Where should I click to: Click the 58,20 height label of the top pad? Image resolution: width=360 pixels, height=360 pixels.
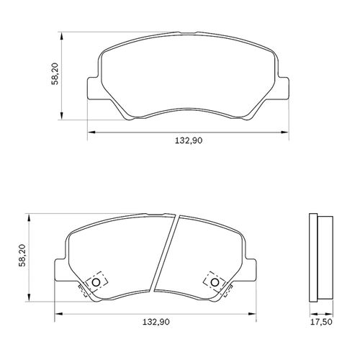tap(55, 73)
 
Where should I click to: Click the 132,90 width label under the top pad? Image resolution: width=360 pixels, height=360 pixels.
tap(189, 140)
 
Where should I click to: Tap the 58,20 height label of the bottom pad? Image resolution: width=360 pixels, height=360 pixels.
tap(22, 256)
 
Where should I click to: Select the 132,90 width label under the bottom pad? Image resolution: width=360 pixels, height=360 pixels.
tap(156, 322)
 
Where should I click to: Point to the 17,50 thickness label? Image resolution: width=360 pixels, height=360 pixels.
tap(322, 322)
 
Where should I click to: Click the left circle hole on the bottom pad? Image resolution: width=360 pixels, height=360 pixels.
tap(96, 282)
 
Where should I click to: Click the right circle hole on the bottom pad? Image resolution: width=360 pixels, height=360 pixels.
tap(215, 282)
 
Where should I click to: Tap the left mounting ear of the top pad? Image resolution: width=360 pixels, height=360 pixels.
tap(93, 88)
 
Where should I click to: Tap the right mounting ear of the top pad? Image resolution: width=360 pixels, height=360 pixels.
tap(283, 88)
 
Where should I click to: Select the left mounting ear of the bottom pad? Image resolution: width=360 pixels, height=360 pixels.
tap(61, 270)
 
